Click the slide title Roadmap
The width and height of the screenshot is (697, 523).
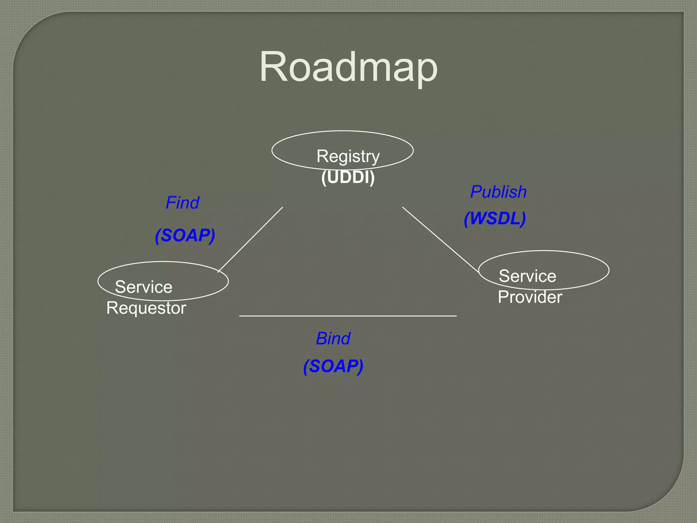pos(348,67)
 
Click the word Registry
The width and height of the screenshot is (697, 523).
pos(348,156)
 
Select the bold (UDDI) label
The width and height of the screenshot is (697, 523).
pos(348,177)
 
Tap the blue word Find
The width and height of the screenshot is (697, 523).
pos(182,203)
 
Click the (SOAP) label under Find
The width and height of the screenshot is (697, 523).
pos(185,236)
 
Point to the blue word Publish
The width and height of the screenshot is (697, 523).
pos(498,192)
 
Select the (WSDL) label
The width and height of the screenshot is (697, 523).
pos(495,219)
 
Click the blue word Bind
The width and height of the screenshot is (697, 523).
pos(333,339)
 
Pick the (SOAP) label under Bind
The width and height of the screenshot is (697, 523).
pos(333,366)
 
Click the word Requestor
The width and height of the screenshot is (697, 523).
pos(146,308)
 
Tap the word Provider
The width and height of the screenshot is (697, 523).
pos(530,297)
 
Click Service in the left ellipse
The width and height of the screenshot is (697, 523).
pos(144,287)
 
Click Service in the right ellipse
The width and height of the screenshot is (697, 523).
pos(527,276)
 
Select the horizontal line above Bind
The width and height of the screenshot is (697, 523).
pos(348,316)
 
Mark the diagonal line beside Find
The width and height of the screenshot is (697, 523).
pos(250,239)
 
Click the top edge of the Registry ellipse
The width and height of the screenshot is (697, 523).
pos(342,131)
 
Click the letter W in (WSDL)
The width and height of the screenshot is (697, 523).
pos(480,219)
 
